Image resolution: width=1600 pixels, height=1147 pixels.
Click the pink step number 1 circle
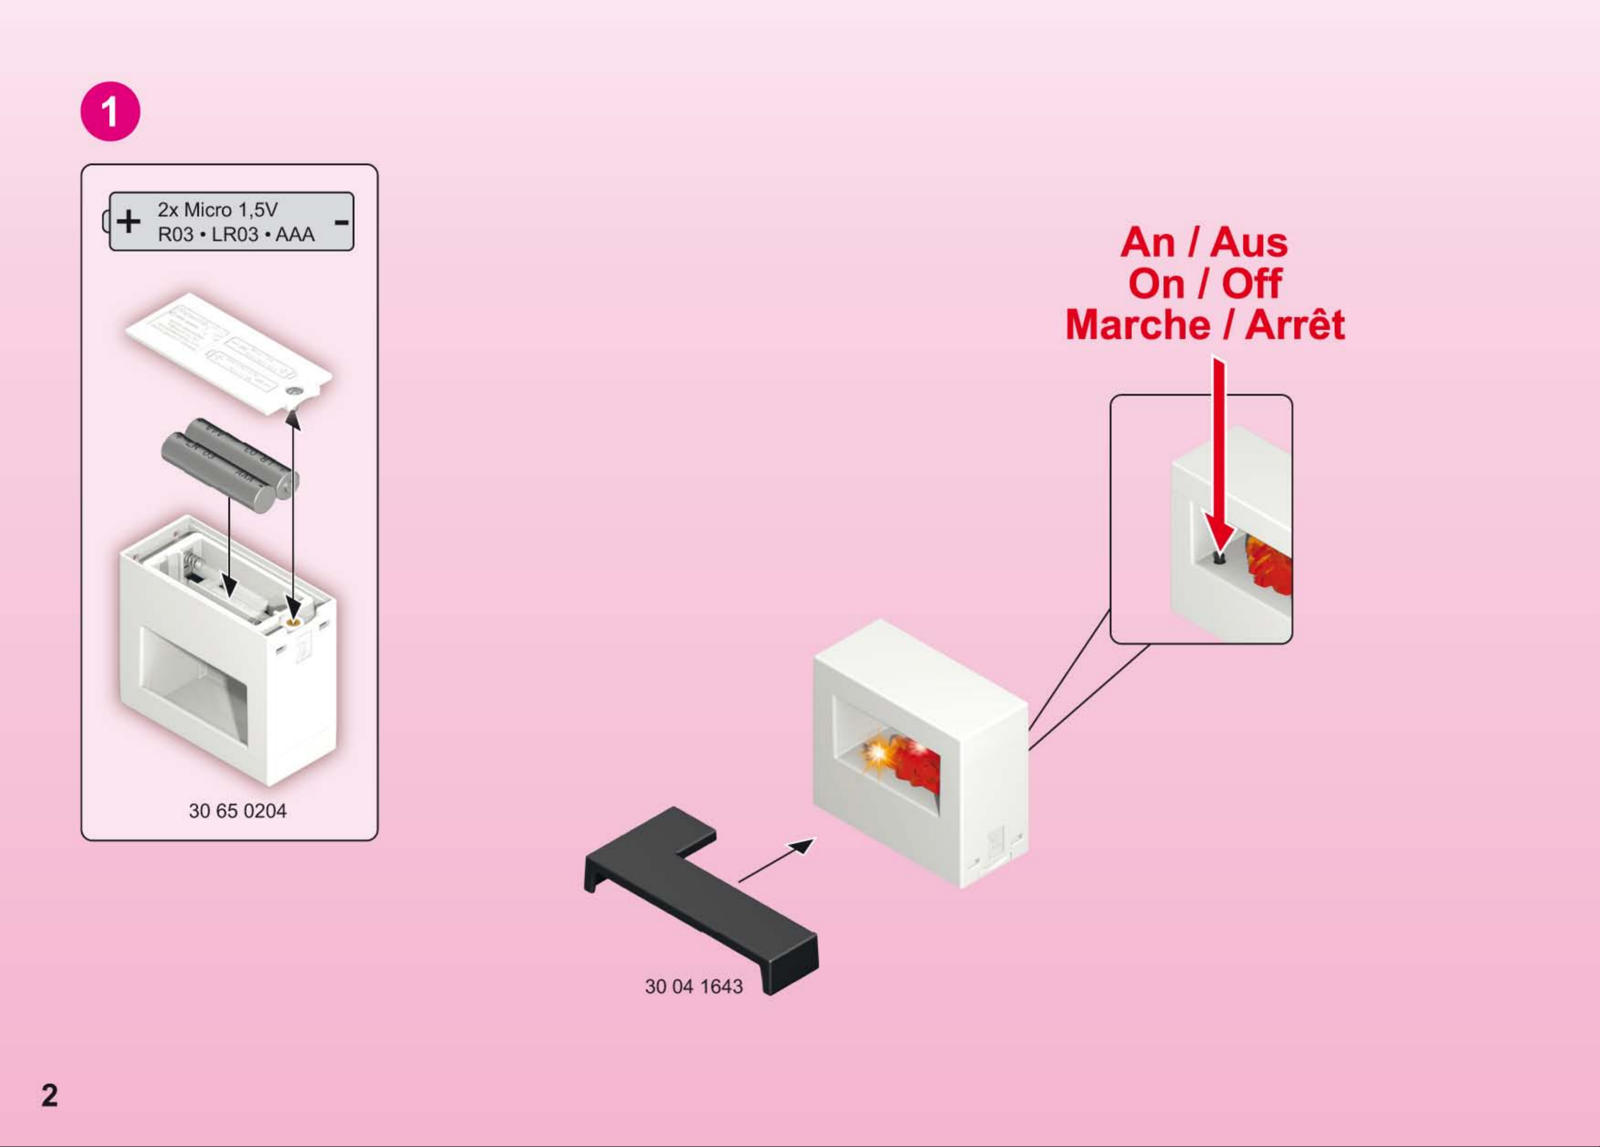click(x=110, y=111)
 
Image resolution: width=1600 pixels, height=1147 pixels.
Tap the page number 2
click(x=49, y=1095)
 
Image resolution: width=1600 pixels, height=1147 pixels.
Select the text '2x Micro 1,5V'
click(x=217, y=209)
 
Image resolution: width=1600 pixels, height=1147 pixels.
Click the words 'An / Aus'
click(x=1204, y=243)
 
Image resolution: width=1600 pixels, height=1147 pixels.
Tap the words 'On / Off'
click(x=1204, y=283)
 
